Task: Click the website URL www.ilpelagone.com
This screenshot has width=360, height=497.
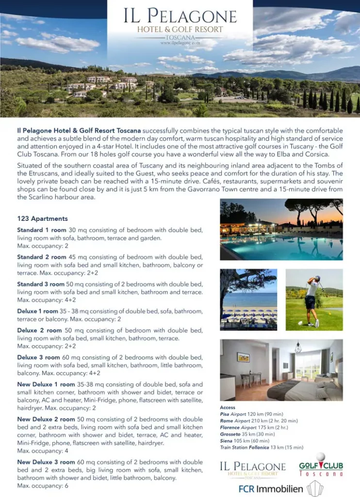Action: coord(180,43)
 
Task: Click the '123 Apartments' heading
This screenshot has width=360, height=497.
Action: coord(42,219)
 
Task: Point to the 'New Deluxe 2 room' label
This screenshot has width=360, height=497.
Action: coord(46,419)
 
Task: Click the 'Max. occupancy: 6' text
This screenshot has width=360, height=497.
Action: coord(43,486)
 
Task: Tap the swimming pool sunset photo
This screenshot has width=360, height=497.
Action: coord(281,229)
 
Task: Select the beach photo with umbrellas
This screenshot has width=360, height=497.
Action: coord(248,299)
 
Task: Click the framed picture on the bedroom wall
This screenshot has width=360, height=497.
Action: coord(243,357)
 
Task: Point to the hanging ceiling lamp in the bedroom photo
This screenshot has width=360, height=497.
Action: coord(298,348)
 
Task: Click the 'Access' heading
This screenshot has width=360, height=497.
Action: coord(228,408)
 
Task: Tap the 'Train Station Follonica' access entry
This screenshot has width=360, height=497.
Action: coord(261,447)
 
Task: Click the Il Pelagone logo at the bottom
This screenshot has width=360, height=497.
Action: coord(252,468)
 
